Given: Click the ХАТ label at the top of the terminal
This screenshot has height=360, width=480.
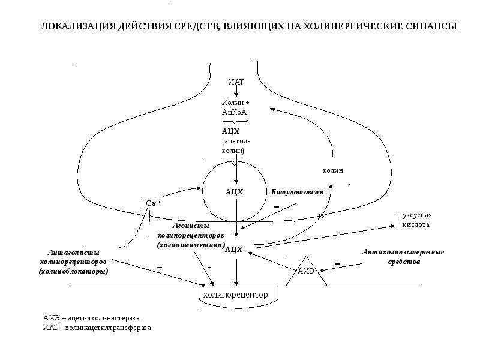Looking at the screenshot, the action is (x=236, y=82).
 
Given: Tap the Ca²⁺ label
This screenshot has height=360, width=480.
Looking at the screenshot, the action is (x=153, y=203).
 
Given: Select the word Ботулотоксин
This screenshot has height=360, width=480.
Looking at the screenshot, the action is (x=297, y=192).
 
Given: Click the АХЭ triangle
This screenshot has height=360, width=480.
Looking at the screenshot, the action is (x=307, y=271).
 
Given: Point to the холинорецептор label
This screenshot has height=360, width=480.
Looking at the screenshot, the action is (x=235, y=295).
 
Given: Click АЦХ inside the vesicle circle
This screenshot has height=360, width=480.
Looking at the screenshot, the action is (x=234, y=192).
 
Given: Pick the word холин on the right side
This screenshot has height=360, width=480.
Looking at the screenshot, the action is (x=333, y=170).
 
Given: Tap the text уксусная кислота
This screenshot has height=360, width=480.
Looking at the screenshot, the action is (x=417, y=220).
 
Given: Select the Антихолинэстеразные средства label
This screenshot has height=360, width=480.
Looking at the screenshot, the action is (x=403, y=257).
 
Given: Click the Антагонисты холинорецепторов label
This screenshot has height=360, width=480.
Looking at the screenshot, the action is (x=73, y=262).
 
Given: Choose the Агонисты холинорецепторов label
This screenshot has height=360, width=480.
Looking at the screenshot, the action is (x=191, y=235).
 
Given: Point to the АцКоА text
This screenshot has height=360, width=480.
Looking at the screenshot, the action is (x=234, y=112).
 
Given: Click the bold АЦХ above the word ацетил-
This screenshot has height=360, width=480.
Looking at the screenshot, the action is (x=231, y=131).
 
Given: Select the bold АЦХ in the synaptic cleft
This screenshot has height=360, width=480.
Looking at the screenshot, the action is (x=233, y=250).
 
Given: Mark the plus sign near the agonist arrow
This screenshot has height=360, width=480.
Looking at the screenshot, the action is (x=209, y=267).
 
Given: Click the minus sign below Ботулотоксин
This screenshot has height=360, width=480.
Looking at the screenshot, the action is (x=277, y=207).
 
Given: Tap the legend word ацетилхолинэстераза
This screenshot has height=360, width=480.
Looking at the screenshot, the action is (x=104, y=318).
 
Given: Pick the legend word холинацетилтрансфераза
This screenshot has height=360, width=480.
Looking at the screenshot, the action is (x=109, y=328).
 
